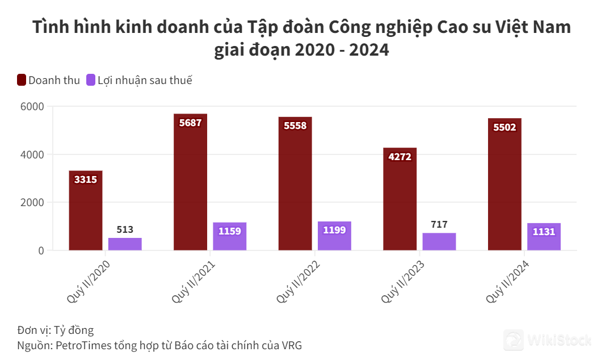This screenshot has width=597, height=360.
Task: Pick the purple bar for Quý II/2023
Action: [439, 242]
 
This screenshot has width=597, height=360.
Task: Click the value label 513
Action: [125, 229]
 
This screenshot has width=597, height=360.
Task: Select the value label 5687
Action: [190, 123]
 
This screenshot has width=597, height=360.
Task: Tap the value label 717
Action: [439, 224]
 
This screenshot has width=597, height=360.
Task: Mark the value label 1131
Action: [544, 232]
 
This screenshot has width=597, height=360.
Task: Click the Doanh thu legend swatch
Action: [22, 80]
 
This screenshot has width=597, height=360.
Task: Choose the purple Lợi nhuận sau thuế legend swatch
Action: [91, 80]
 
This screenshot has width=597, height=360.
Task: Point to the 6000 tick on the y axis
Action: [32, 106]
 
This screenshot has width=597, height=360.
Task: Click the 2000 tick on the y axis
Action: [32, 202]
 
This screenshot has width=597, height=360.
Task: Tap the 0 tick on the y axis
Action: [41, 250]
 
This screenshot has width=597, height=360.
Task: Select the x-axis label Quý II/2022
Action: [298, 282]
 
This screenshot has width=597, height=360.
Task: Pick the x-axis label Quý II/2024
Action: [508, 282]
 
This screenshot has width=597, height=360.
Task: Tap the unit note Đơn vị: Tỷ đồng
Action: [55, 330]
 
